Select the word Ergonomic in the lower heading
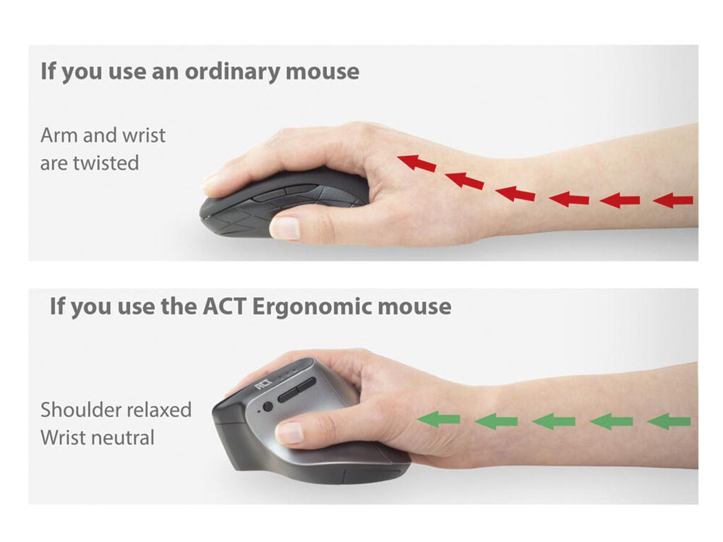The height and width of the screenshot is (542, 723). (311, 307)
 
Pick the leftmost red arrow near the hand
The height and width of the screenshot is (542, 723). (417, 163)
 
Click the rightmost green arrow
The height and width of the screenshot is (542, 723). (669, 421)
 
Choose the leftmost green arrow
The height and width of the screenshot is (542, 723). (438, 419)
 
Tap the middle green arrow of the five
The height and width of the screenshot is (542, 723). (553, 421)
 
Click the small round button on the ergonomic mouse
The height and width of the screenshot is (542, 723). (268, 406)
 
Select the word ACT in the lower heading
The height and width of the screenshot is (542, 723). (224, 306)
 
